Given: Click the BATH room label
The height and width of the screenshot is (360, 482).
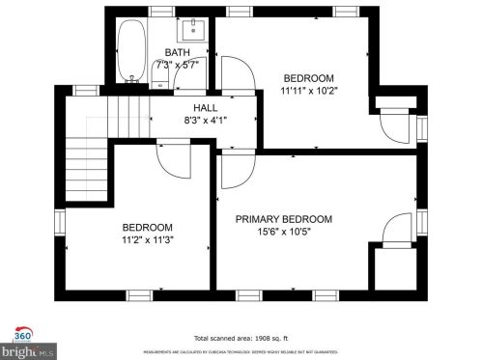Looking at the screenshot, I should coord(177,53).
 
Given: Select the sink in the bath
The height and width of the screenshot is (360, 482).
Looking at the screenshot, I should coord(191,27).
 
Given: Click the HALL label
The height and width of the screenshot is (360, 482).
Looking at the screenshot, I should coord(205,108).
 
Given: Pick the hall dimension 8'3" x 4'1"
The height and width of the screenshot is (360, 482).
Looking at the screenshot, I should coord(205,121).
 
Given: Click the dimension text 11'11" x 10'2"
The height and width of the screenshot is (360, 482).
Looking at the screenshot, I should coord(308,91).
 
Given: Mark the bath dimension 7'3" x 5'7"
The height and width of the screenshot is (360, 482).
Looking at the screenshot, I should coord(177,65).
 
